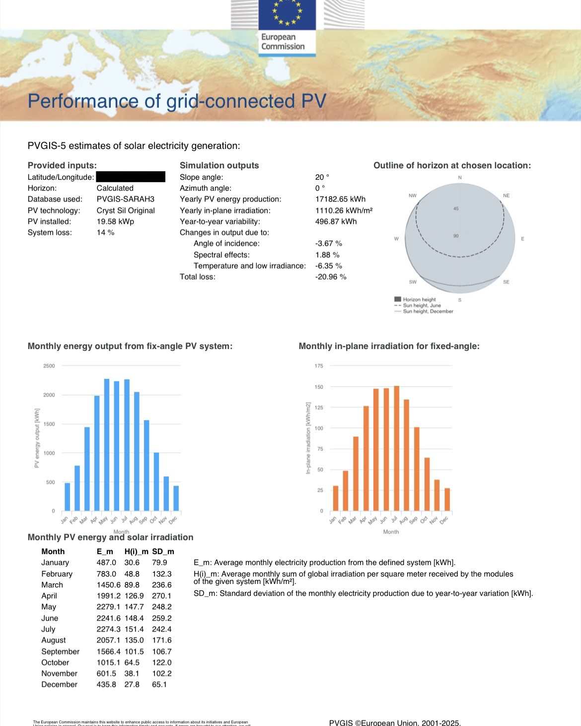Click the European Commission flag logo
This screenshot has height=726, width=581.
(x=287, y=15)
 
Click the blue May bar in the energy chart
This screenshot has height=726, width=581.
(x=107, y=445)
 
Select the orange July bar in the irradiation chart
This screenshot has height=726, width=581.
(x=396, y=448)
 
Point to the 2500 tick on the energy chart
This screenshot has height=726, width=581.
(x=49, y=366)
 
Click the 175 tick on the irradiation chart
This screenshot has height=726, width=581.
(x=319, y=366)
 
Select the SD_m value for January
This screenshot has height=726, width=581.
(x=159, y=563)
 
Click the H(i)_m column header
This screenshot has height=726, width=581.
(x=136, y=552)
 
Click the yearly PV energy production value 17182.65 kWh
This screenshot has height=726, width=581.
(x=340, y=199)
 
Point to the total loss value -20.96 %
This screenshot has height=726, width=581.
(x=330, y=277)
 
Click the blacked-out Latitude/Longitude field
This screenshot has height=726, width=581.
(x=131, y=177)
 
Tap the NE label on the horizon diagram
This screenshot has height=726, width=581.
(x=506, y=196)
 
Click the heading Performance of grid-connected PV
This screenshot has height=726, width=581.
(x=177, y=101)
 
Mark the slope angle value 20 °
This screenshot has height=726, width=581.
(x=322, y=177)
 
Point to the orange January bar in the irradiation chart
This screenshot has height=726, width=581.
(x=336, y=498)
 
